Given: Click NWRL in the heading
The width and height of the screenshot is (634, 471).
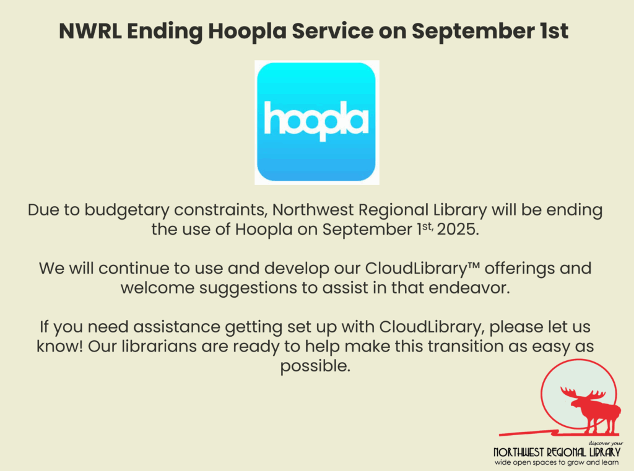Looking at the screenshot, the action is (x=90, y=31).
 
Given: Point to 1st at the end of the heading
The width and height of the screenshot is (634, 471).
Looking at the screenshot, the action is (x=553, y=31).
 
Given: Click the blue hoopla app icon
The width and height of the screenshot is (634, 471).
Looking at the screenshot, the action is (x=316, y=122).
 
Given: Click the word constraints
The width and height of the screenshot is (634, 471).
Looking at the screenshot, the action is (x=221, y=210).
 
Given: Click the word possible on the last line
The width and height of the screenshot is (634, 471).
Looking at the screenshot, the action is (x=315, y=366).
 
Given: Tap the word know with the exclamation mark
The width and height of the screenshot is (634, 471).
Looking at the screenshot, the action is (x=60, y=347).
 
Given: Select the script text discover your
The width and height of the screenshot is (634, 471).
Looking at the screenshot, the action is (x=606, y=444).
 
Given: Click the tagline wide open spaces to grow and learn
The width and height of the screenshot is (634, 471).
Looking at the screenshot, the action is (x=557, y=462).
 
